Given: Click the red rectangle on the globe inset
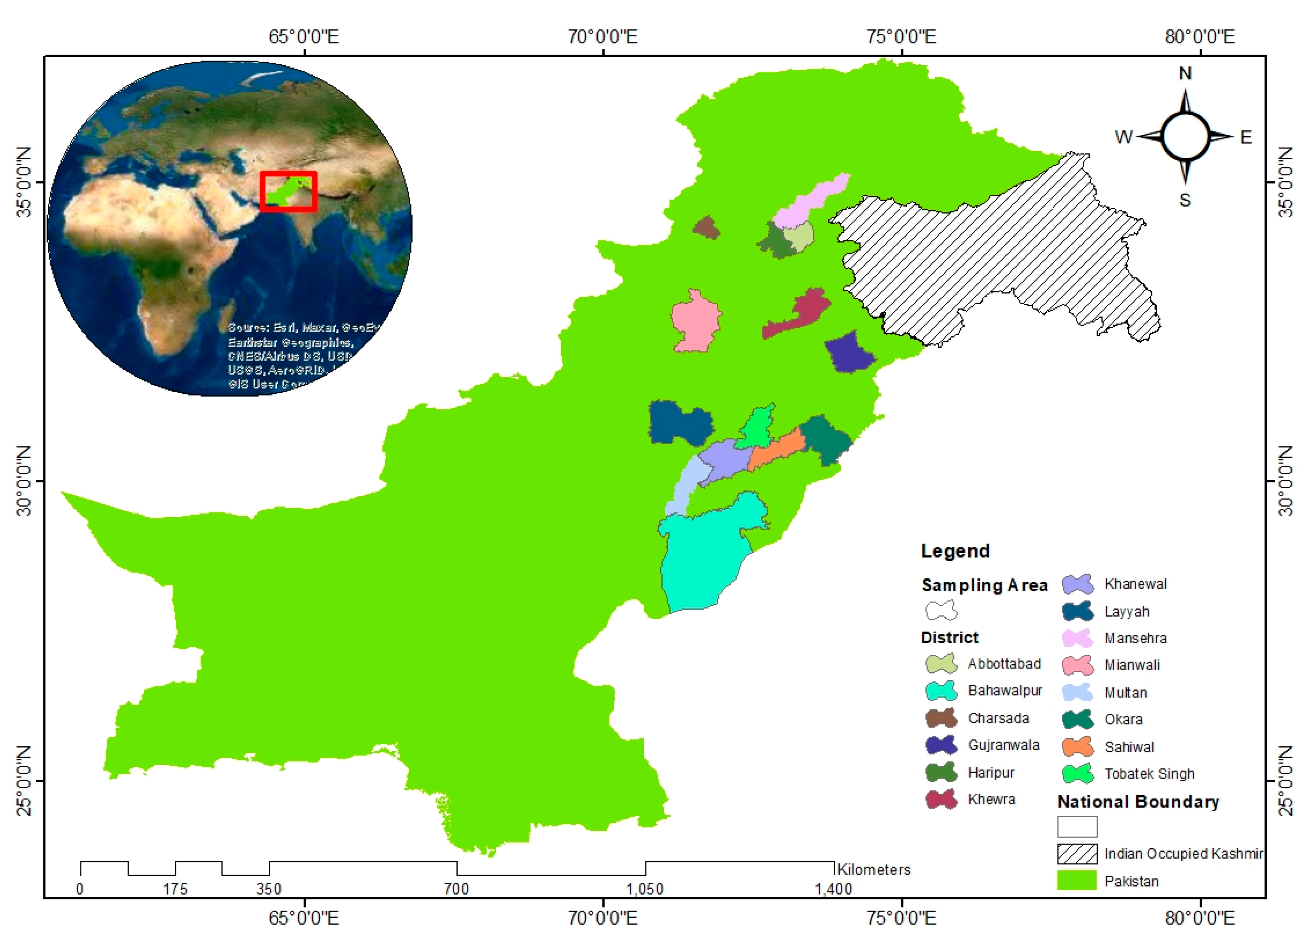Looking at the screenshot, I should (289, 174).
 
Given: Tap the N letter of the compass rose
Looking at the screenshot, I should (1185, 73).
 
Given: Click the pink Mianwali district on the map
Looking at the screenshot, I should (695, 322).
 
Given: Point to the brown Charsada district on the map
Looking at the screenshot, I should (706, 228).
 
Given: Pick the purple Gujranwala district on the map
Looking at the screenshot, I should (849, 353).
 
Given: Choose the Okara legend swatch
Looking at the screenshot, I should (1077, 720).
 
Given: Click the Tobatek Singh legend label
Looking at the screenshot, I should (1149, 773).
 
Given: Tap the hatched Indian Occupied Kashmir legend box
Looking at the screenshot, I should (1077, 854).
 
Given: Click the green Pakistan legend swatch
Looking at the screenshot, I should (1077, 880).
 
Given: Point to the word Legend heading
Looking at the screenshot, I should (955, 551).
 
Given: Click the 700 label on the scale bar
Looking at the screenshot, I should (456, 889).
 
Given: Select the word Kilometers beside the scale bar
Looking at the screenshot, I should (873, 869).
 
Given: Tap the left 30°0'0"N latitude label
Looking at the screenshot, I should (23, 481).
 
